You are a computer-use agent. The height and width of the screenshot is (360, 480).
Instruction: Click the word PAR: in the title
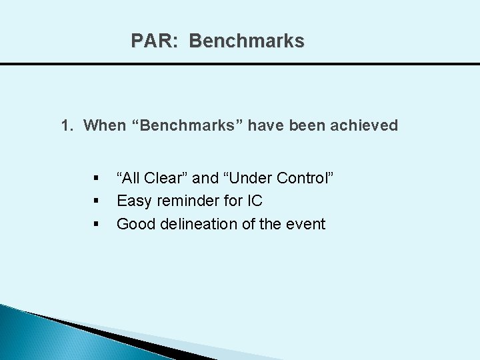[155, 41]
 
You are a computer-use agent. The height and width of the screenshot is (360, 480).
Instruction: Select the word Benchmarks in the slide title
[247, 41]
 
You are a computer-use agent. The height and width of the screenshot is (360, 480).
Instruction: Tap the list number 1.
[66, 125]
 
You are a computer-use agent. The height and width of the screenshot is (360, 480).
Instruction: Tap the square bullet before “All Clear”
[97, 179]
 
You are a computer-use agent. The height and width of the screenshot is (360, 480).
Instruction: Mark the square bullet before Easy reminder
[97, 201]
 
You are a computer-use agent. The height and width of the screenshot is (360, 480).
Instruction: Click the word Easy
[132, 201]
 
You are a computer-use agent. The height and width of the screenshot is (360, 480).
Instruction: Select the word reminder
[182, 201]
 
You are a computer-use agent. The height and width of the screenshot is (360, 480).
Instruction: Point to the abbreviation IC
[255, 201]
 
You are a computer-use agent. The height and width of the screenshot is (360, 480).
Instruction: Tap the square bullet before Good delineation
[97, 224]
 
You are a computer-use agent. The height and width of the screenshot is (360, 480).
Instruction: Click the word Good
[135, 223]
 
